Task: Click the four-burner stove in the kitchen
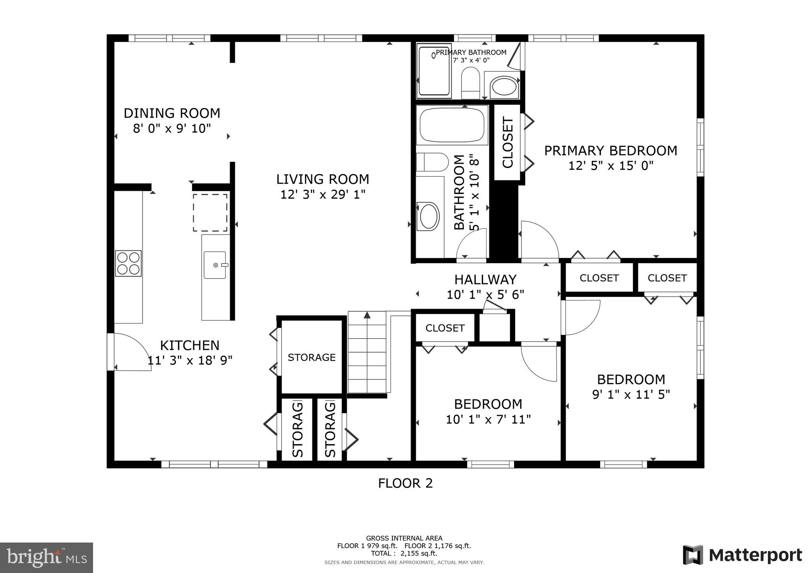[x=128, y=263]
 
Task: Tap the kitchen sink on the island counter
[x=215, y=265]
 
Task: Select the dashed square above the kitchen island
[x=210, y=213]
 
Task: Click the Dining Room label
[x=172, y=113]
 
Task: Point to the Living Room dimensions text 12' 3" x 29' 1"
[x=323, y=195]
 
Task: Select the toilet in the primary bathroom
[x=470, y=82]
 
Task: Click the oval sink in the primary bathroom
[x=504, y=87]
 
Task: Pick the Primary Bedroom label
[x=611, y=151]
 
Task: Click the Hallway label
[x=485, y=280]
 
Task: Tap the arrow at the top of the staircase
[x=367, y=315]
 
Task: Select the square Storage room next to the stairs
[x=311, y=357]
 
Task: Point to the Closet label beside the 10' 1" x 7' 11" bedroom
[x=445, y=328]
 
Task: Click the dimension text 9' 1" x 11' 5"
[x=631, y=395]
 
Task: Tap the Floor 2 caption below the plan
[x=405, y=483]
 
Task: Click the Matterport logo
[x=742, y=555]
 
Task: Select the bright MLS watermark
[x=47, y=558]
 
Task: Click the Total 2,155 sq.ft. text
[x=404, y=553]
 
